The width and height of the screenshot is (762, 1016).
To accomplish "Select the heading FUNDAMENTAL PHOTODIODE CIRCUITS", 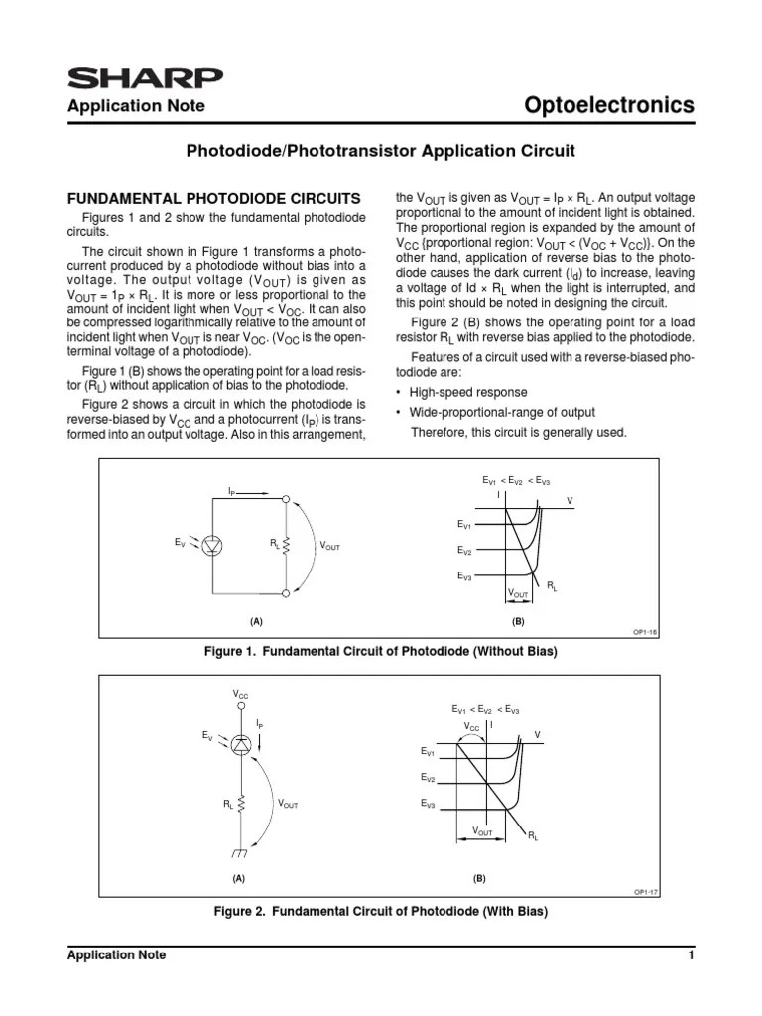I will [x=213, y=198].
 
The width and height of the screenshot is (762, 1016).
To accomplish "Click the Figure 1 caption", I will [x=381, y=652].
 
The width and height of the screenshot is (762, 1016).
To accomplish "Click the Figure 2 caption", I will [x=381, y=911].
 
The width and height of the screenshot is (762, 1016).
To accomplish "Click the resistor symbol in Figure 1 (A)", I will [x=286, y=544].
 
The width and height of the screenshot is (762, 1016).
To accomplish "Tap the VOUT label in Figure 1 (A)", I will [x=330, y=547].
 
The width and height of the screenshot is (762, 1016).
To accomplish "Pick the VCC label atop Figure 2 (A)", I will [x=241, y=695].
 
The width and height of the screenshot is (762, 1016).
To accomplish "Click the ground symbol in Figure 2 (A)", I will [x=240, y=851].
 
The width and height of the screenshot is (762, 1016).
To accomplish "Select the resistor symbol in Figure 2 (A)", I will [x=241, y=805].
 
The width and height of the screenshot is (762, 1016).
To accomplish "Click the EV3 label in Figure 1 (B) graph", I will [x=466, y=576].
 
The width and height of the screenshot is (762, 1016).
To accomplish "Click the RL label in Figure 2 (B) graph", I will [x=534, y=837].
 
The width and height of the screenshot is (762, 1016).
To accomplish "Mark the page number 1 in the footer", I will [x=689, y=955].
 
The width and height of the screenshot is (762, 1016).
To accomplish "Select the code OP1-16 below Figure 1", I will [x=646, y=630].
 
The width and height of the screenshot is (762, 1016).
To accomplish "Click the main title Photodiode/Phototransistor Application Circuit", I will [x=381, y=152].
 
